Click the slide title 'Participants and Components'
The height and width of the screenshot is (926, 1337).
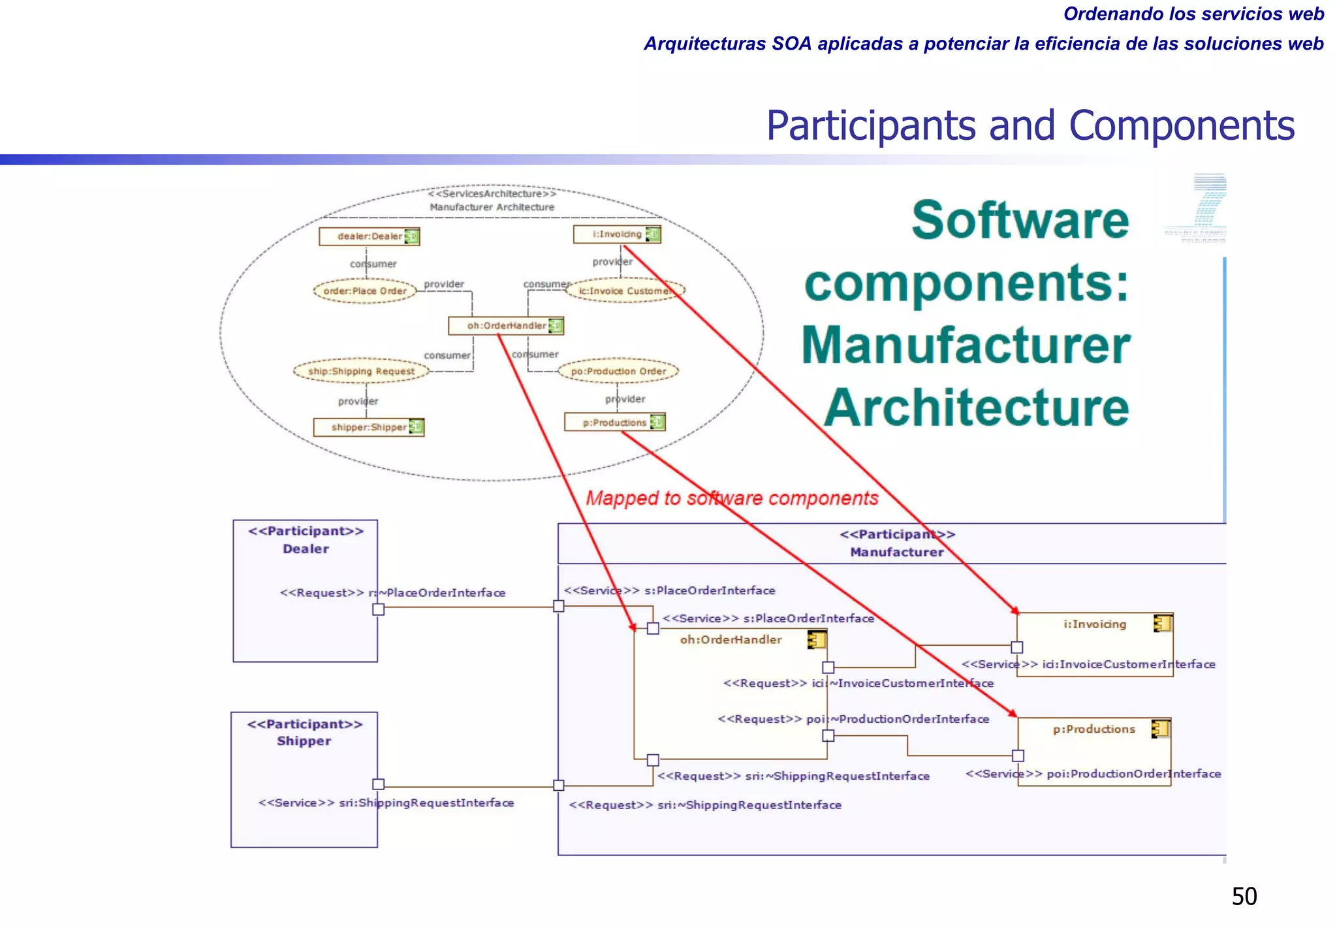click(1030, 125)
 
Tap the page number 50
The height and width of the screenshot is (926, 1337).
click(1244, 897)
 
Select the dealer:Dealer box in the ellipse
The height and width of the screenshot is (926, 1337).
click(369, 236)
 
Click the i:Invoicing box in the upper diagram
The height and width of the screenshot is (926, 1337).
click(616, 234)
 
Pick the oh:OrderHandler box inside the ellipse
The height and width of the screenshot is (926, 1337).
click(505, 325)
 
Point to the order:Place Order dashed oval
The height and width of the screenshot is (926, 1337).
click(365, 291)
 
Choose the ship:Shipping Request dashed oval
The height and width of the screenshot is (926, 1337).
click(361, 371)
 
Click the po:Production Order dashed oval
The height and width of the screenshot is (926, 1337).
click(618, 371)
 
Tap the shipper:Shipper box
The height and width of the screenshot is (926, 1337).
click(368, 427)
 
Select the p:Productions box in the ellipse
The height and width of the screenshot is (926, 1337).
click(614, 423)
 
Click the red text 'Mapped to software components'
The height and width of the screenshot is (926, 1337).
click(732, 498)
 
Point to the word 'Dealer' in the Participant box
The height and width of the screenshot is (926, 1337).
click(306, 549)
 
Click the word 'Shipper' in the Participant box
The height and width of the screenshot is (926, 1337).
click(304, 741)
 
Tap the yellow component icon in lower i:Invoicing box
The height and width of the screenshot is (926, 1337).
click(1162, 624)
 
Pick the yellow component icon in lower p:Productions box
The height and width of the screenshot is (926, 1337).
click(1160, 728)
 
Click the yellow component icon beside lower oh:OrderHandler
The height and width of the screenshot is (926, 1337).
click(817, 640)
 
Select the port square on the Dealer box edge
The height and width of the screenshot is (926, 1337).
click(379, 609)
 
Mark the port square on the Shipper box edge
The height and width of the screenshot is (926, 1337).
click(379, 784)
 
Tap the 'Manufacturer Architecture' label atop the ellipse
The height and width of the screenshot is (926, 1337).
click(492, 207)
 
